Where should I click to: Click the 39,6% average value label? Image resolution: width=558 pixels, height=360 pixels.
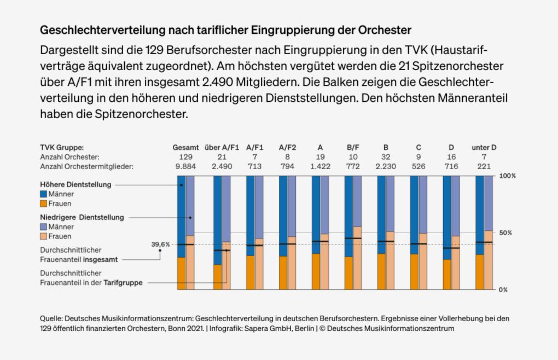(160, 245)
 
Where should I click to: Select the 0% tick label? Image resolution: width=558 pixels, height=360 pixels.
(504, 289)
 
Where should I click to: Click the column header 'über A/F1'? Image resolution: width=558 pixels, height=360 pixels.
(222, 148)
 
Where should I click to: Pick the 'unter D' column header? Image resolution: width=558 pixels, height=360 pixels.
(484, 148)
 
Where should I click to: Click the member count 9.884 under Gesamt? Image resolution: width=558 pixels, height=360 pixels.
(185, 166)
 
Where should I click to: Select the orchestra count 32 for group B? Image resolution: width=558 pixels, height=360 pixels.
(386, 157)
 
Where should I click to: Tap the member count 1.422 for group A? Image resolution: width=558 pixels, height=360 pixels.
(320, 166)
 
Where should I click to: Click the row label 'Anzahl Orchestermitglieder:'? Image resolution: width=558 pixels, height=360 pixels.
(87, 166)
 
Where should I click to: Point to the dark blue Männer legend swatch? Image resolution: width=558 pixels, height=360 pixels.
(44, 194)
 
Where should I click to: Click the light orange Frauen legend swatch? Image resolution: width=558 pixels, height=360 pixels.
(44, 236)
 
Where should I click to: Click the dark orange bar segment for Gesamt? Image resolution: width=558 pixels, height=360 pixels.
(181, 274)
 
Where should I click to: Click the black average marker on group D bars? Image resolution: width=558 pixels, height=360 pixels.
(451, 248)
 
